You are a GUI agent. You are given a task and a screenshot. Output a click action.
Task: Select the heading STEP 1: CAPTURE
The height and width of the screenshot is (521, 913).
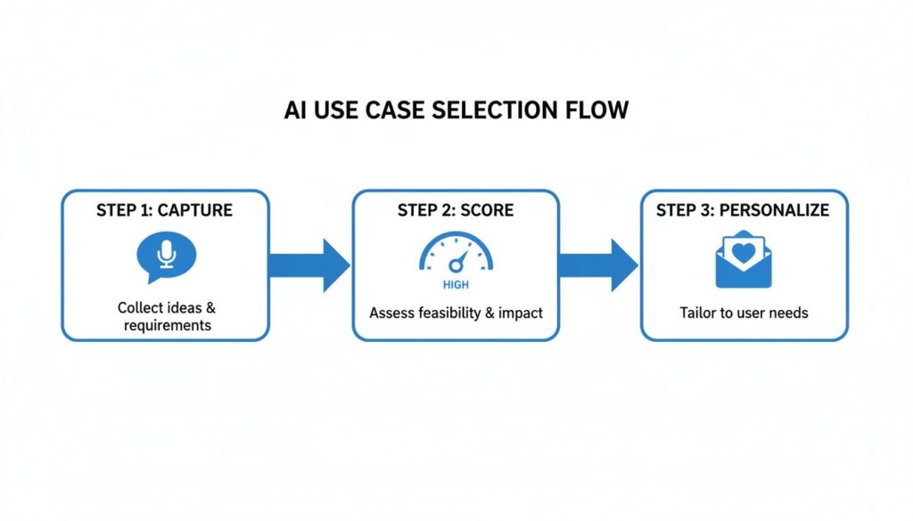(x=164, y=211)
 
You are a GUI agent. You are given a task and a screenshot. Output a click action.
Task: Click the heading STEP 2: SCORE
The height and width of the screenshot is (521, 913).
(x=455, y=211)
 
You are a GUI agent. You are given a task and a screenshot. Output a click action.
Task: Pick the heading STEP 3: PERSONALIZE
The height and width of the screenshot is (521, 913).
(x=743, y=211)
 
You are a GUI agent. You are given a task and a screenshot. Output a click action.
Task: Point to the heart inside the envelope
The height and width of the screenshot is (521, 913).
(x=744, y=251)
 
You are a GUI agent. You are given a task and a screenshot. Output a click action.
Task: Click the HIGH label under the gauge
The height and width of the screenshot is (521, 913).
(x=455, y=286)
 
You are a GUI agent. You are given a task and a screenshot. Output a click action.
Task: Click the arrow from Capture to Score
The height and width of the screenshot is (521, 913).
(x=309, y=265)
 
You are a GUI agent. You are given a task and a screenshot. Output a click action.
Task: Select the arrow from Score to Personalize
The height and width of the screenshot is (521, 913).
(x=598, y=265)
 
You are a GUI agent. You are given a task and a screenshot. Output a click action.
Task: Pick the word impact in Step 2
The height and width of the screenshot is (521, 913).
(x=520, y=313)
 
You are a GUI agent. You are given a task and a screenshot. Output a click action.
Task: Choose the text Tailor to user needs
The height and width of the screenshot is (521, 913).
(x=744, y=313)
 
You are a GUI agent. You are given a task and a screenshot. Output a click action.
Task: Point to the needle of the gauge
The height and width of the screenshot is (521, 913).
(x=458, y=261)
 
